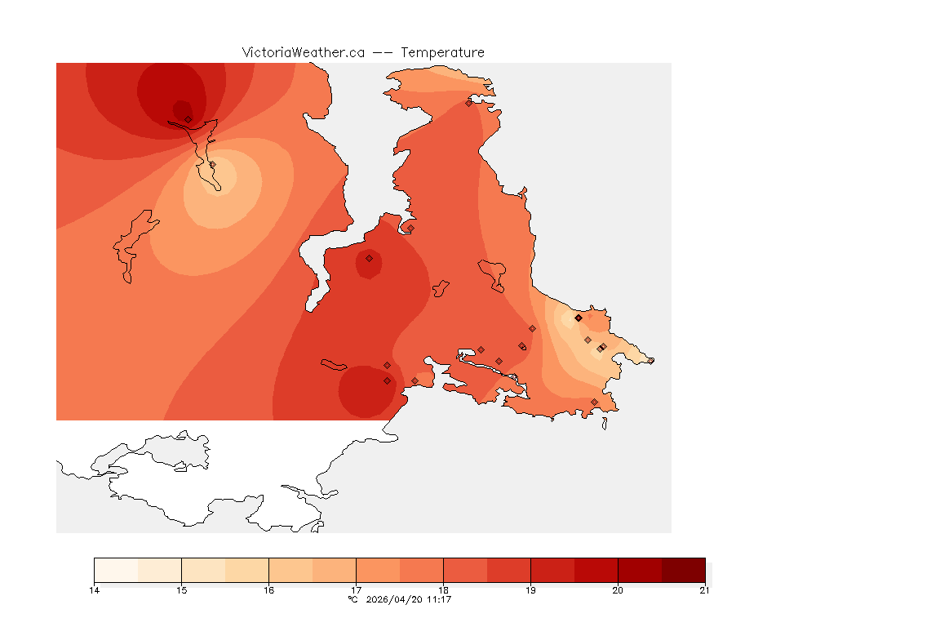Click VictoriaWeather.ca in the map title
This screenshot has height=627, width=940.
303,52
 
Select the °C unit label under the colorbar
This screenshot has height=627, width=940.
352,600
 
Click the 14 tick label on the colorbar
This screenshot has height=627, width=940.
95,590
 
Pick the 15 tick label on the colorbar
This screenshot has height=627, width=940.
181,590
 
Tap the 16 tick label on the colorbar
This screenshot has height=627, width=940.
268,590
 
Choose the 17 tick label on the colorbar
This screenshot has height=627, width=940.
356,590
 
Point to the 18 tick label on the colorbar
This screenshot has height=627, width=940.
443,590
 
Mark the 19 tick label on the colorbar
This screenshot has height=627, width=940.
530,590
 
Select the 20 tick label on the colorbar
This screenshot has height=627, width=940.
618,590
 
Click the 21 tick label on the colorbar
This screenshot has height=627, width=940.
704,590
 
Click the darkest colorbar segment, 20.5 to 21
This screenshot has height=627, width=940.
683,570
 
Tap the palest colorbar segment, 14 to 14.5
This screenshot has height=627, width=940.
116,570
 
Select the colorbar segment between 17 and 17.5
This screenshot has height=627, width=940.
378,570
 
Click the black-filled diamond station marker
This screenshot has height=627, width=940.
579,318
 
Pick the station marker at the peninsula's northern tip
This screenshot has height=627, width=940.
468,103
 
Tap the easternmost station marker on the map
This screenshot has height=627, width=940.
650,361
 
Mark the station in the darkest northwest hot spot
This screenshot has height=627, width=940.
188,119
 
